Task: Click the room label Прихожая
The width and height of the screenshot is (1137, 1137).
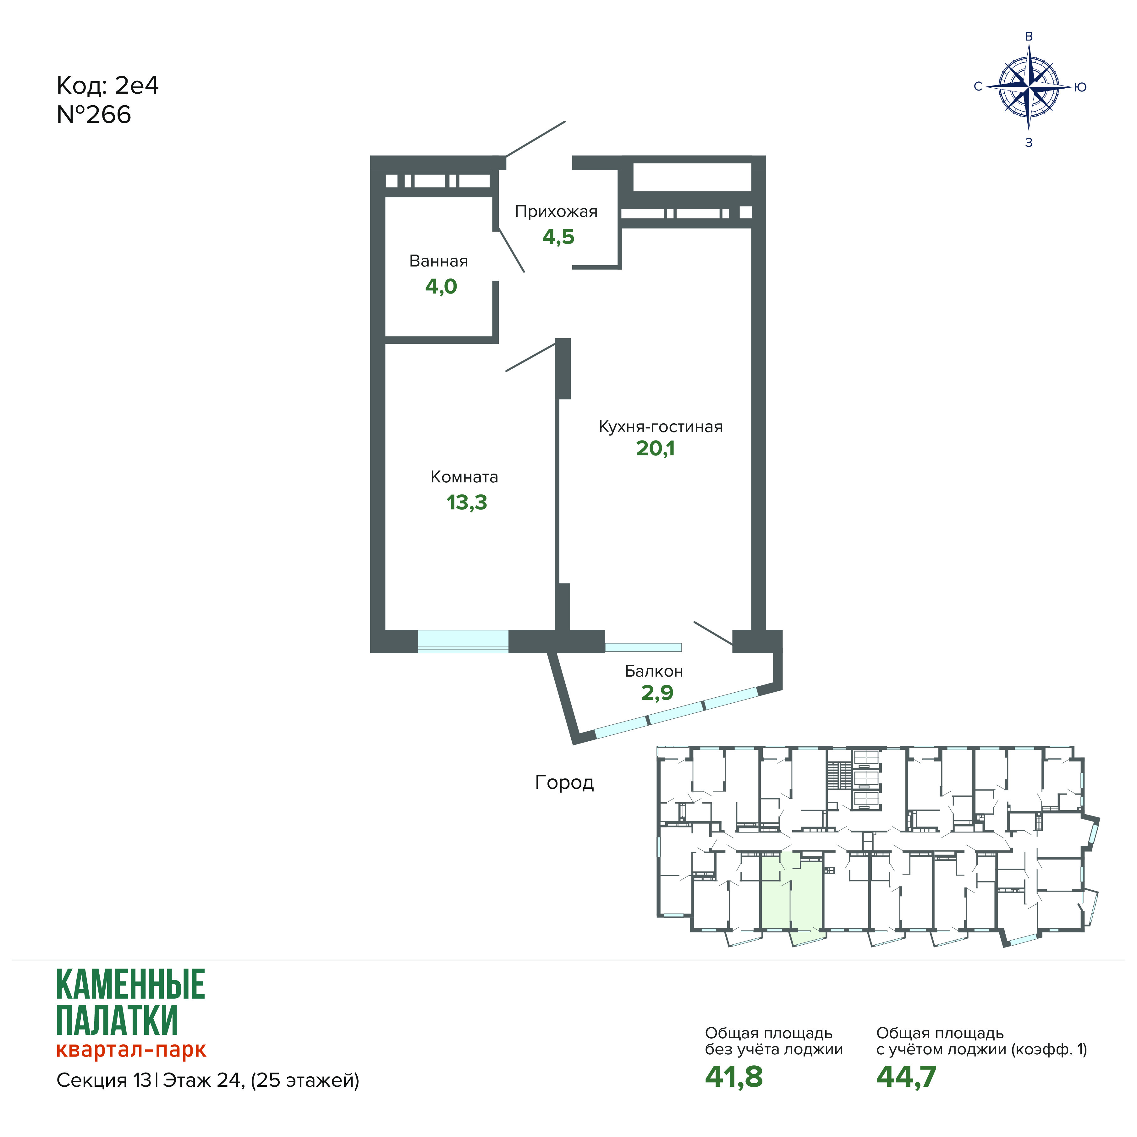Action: [x=556, y=212]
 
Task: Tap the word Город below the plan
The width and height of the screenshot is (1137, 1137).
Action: [x=564, y=783]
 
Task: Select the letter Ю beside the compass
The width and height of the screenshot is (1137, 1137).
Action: [x=1080, y=87]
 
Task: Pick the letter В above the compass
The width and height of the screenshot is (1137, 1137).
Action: [x=1029, y=36]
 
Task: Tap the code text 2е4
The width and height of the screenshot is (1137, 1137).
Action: [x=136, y=86]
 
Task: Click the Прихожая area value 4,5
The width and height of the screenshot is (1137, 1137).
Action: [x=558, y=237]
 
